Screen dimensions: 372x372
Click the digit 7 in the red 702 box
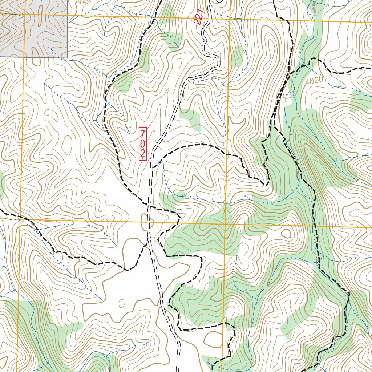143,133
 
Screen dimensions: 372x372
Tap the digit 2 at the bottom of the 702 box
143,153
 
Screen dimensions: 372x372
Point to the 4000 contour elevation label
314,81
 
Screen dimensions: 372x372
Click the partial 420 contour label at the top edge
83,2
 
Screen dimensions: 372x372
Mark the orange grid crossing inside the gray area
24,15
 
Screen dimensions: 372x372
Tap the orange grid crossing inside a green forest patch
226,224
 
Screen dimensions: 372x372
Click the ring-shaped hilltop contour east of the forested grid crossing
286,233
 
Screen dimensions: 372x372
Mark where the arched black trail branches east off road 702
153,168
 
